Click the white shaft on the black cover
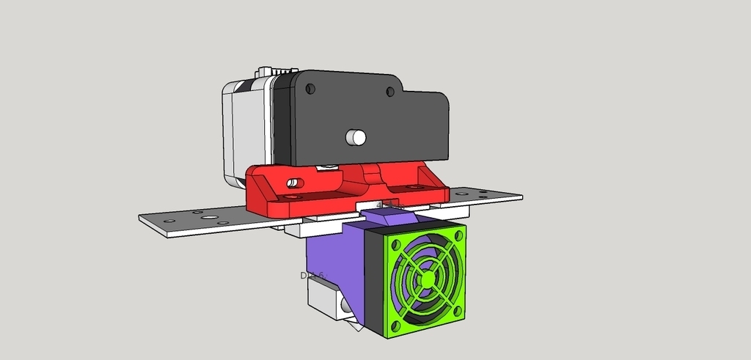pyautogui.click(x=356, y=136)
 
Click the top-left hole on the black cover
pyautogui.click(x=310, y=89)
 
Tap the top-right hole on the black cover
pyautogui.click(x=390, y=92)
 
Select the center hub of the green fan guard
pyautogui.click(x=425, y=279)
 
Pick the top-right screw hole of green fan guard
pyautogui.click(x=458, y=234)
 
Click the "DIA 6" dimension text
pyautogui.click(x=312, y=276)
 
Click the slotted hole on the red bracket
pyautogui.click(x=293, y=182)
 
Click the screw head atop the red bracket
pyautogui.click(x=329, y=168)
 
